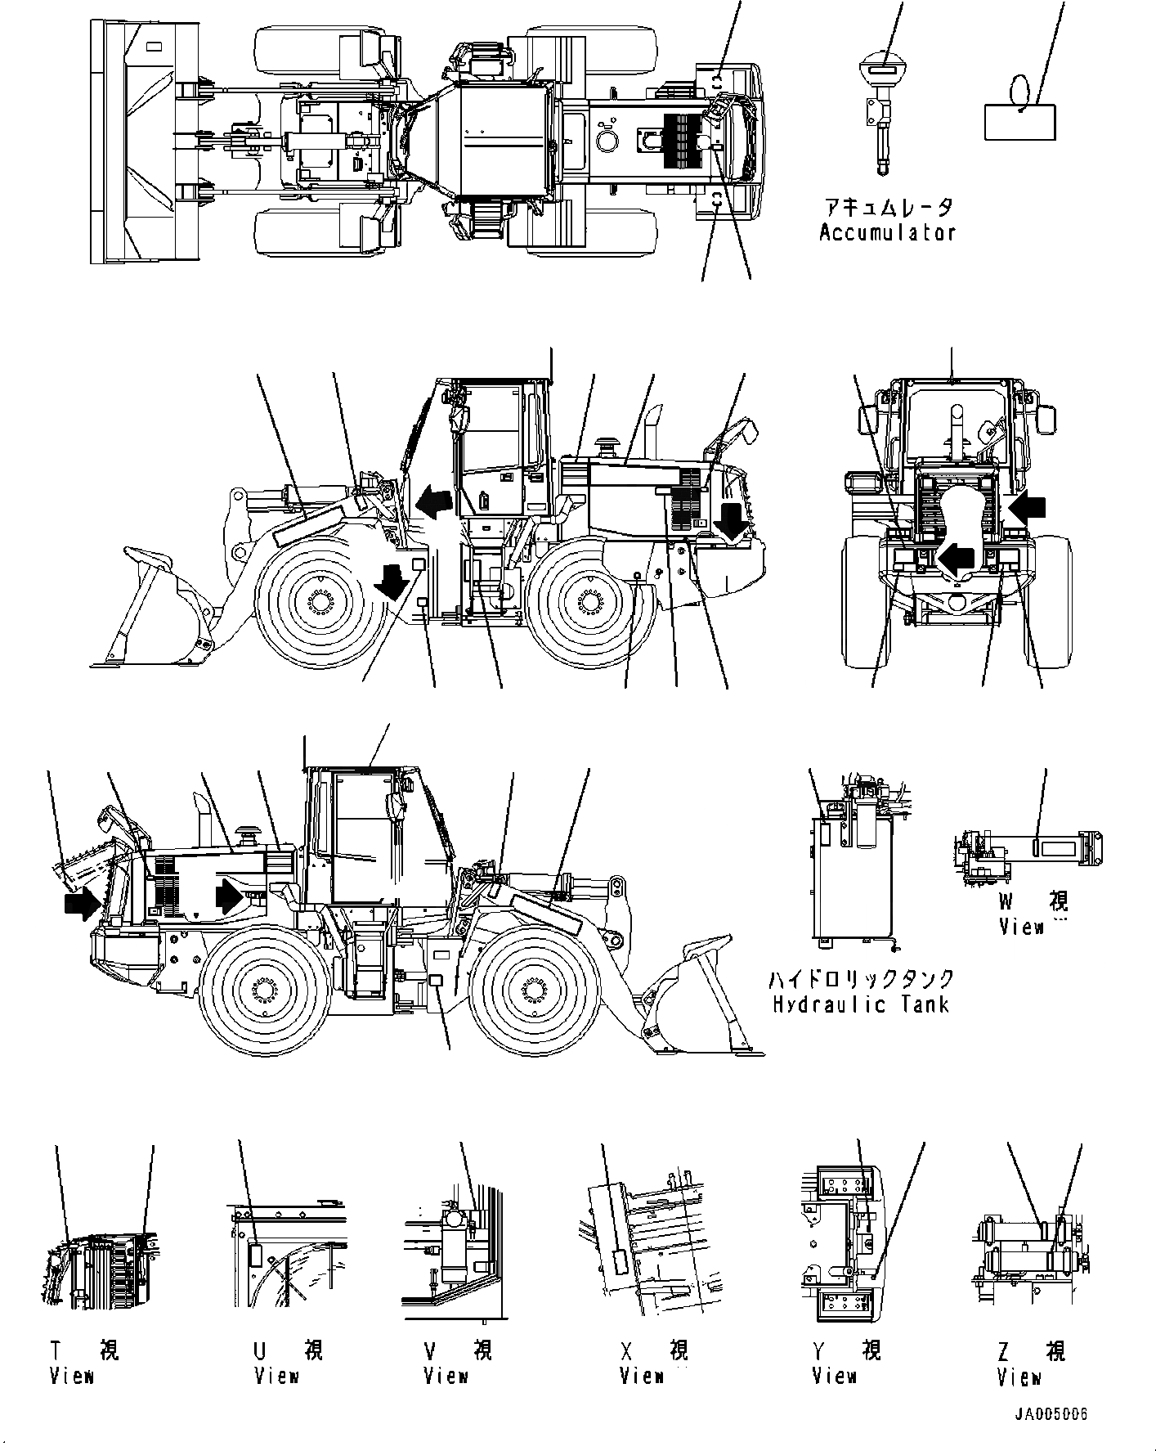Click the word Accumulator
887,232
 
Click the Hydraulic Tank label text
861,1004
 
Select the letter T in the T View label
57,1350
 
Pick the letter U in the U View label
261,1350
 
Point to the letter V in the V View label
430,1350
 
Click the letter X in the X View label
626,1350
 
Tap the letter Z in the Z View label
1005,1350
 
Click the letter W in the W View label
1006,902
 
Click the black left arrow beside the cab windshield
433,503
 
